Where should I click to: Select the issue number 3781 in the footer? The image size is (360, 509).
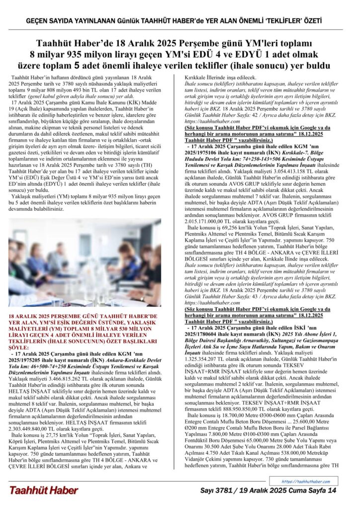[224, 491]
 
